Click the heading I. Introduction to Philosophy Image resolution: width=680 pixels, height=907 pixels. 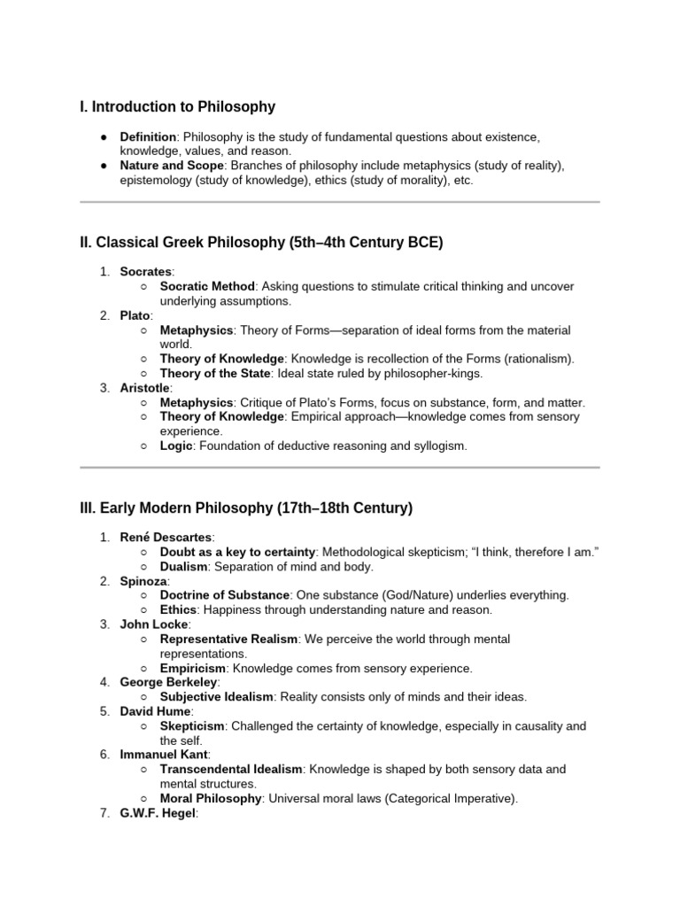pos(177,107)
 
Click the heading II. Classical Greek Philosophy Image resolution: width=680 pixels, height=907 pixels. pos(261,243)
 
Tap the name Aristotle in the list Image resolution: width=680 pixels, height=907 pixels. pos(146,388)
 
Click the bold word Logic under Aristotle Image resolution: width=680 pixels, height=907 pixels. pos(176,446)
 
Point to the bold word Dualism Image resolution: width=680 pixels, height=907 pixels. pos(183,566)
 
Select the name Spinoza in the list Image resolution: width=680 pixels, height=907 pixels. pos(144,580)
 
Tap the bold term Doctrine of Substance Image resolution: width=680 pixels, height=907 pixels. pos(225,594)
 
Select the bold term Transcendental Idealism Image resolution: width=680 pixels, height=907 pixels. pos(231,769)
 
